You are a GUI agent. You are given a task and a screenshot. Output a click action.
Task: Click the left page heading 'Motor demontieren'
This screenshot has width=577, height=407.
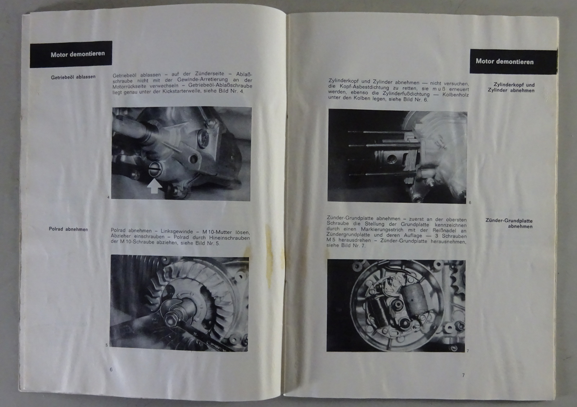(x=78, y=54)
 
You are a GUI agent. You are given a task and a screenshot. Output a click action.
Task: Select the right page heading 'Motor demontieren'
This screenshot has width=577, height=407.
(x=505, y=62)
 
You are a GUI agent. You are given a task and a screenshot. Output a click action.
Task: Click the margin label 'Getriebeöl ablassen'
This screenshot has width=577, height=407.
(x=73, y=77)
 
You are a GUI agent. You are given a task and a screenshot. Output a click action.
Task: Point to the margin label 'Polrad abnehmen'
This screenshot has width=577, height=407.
(x=68, y=229)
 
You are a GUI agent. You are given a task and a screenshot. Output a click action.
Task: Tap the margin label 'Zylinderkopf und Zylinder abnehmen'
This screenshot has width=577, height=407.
(x=511, y=88)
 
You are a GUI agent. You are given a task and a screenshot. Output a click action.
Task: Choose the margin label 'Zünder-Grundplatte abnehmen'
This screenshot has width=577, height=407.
(x=509, y=223)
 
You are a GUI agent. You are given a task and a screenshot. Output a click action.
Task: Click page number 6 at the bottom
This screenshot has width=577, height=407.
(x=111, y=370)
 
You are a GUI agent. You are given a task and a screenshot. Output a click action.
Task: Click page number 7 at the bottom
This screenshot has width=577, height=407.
(x=463, y=375)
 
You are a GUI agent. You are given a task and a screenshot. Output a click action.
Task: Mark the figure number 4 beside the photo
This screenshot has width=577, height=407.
(x=109, y=197)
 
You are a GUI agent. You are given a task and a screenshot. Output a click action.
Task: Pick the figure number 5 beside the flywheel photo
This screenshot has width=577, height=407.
(x=107, y=345)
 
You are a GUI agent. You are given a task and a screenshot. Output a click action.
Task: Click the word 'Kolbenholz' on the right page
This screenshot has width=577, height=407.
(x=455, y=94)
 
